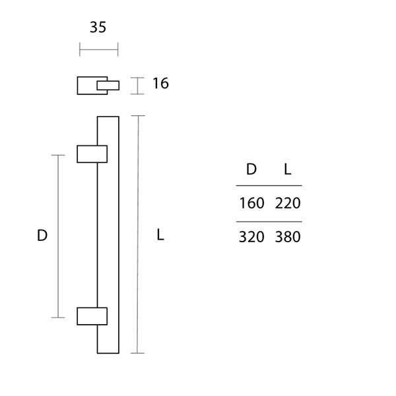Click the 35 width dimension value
pyautogui.click(x=98, y=27)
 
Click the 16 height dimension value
pyautogui.click(x=160, y=84)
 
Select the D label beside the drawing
pyautogui.click(x=42, y=236)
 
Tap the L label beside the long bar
pyautogui.click(x=160, y=236)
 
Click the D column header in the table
pyautogui.click(x=251, y=170)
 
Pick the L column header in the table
pyautogui.click(x=287, y=170)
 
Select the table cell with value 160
pyautogui.click(x=251, y=203)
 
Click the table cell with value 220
pyautogui.click(x=288, y=203)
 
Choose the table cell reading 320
pyautogui.click(x=251, y=237)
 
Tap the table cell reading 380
pyautogui.click(x=288, y=237)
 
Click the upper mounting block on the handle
pyautogui.click(x=92, y=153)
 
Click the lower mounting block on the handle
pyautogui.click(x=92, y=315)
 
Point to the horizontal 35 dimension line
pyautogui.click(x=98, y=49)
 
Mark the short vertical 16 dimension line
pyautogui.click(x=137, y=86)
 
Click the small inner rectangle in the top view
pyautogui.click(x=109, y=85)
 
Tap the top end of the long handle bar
pyautogui.click(x=108, y=119)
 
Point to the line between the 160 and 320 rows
pyautogui.click(x=269, y=221)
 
